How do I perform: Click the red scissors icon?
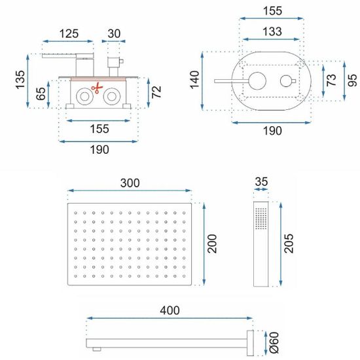pyautogui.click(x=97, y=88)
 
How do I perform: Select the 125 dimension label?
pyautogui.click(x=69, y=33)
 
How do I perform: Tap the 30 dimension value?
pyautogui.click(x=114, y=33)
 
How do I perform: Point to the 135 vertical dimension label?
pyautogui.click(x=20, y=79)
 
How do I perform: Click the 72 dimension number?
pyautogui.click(x=156, y=92)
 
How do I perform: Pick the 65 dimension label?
pyautogui.click(x=41, y=94)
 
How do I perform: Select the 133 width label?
pyautogui.click(x=272, y=31)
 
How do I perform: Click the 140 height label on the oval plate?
pyautogui.click(x=194, y=80)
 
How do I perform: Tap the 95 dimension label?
pyautogui.click(x=353, y=80)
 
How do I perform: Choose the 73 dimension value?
pyautogui.click(x=331, y=80)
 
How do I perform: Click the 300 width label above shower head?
pyautogui.click(x=130, y=183)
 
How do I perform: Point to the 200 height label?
pyautogui.click(x=212, y=243)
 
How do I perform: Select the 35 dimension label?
pyautogui.click(x=261, y=181)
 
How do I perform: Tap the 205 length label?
pyautogui.click(x=289, y=243)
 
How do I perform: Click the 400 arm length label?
pyautogui.click(x=170, y=310)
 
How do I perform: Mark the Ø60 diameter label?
pyautogui.click(x=274, y=342)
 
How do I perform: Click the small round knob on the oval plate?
pyautogui.click(x=286, y=81)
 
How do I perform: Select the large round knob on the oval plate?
pyautogui.click(x=257, y=81)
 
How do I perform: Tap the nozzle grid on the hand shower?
pyautogui.click(x=261, y=219)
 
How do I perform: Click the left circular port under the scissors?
pyautogui.click(x=84, y=97)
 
